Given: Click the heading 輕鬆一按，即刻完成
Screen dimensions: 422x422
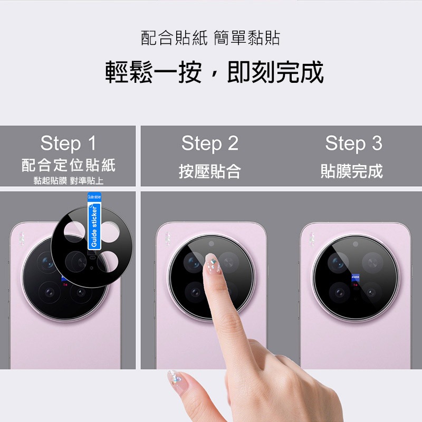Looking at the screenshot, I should point(214,72).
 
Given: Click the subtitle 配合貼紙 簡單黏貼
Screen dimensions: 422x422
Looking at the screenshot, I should point(210,38).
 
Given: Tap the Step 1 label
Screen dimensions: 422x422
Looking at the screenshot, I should point(68,143).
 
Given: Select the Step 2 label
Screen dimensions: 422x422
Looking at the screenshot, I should point(210,143).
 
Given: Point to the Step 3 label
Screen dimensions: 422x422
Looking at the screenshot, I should point(353,143).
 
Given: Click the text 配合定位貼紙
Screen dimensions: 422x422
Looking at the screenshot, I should point(68,165).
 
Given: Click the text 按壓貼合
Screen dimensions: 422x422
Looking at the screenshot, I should point(210,171).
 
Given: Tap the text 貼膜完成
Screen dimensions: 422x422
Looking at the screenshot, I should point(352,171).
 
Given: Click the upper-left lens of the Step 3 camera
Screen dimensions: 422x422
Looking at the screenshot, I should point(337,262).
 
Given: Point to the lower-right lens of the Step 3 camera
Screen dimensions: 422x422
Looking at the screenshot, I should point(371,292).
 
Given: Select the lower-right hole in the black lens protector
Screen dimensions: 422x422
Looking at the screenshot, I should point(109,260).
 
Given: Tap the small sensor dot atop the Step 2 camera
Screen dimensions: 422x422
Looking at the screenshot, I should point(210,244).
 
